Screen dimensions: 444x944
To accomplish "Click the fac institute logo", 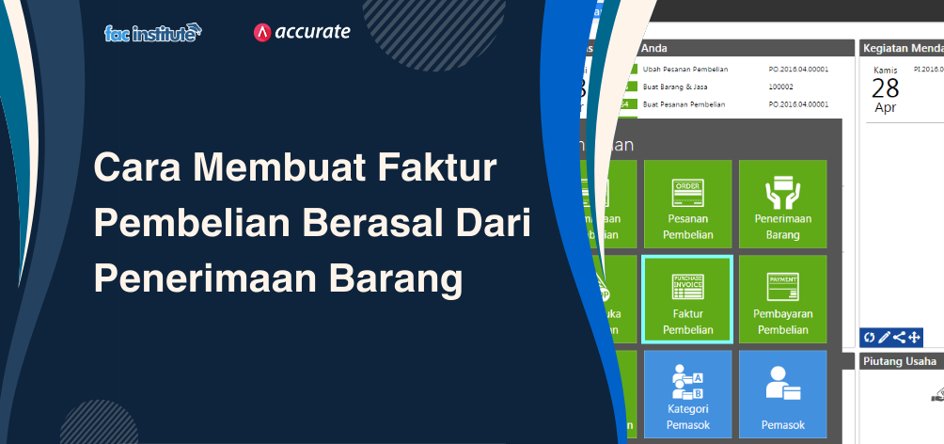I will tap(152, 34).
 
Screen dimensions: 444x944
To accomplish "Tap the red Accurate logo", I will tap(302, 32).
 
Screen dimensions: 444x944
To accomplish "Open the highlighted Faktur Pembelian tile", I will tap(688, 299).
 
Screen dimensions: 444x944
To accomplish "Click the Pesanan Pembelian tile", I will tap(688, 204).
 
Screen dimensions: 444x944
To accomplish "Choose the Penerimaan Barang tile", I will tap(782, 204).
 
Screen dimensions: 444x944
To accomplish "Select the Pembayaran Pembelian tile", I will tap(782, 299).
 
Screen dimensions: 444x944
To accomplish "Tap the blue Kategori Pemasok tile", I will tap(688, 394).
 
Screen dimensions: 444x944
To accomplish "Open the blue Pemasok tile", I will tap(782, 394).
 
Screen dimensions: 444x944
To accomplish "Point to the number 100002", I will tap(781, 87).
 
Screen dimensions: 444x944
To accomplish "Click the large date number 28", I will tap(885, 88).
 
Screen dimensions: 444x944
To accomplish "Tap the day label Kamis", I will tap(885, 70).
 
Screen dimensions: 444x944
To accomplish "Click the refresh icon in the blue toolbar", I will tap(870, 337).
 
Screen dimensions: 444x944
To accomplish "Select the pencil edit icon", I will tap(884, 337).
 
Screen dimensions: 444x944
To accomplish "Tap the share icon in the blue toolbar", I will tap(899, 337).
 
